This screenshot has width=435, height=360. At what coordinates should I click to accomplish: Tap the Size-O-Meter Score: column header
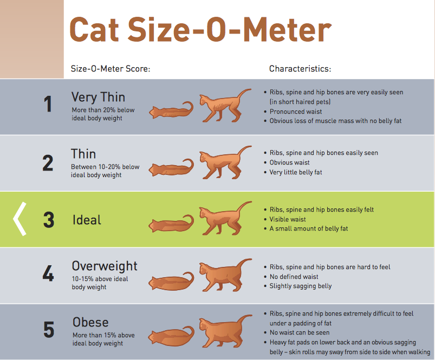point(111,69)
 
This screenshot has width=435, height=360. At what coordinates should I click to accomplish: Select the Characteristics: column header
point(300,69)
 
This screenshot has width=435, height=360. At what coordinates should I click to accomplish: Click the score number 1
point(48,104)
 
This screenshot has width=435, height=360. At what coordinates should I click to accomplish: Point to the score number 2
point(48,163)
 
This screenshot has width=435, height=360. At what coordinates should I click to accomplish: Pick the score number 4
point(48,274)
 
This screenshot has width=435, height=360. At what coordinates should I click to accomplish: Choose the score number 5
point(48,330)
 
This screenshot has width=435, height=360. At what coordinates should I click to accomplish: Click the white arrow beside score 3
point(20,219)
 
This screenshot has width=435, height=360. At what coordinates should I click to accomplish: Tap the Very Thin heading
point(98,97)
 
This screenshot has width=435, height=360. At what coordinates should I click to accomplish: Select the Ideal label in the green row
point(87,220)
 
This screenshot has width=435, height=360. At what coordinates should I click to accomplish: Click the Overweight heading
point(105,266)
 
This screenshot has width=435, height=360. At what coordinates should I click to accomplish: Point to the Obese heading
point(90,322)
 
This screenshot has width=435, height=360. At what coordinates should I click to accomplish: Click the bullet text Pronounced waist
point(295,112)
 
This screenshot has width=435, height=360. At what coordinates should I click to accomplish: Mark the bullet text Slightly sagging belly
point(301,286)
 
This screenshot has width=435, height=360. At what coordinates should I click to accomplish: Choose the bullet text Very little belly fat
point(296,172)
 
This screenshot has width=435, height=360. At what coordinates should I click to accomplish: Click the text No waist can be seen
point(300,332)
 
